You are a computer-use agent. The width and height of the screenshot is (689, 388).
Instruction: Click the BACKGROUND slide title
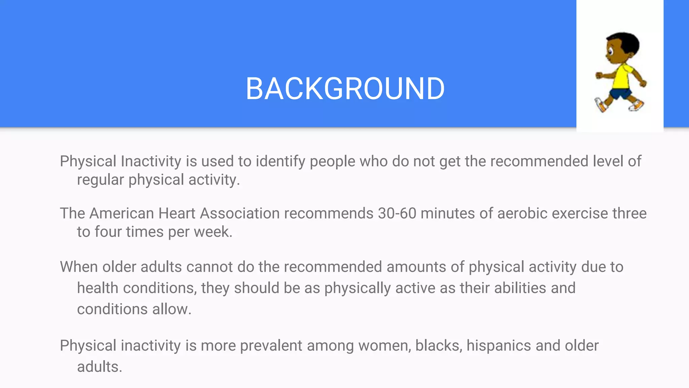click(x=345, y=89)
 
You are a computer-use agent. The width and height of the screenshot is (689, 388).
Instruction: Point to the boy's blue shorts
click(x=621, y=94)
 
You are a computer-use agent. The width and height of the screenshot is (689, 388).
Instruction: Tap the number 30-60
click(x=397, y=214)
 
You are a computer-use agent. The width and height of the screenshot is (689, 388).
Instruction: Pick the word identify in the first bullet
click(x=281, y=162)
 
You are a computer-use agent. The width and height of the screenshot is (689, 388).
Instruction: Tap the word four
click(x=108, y=232)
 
